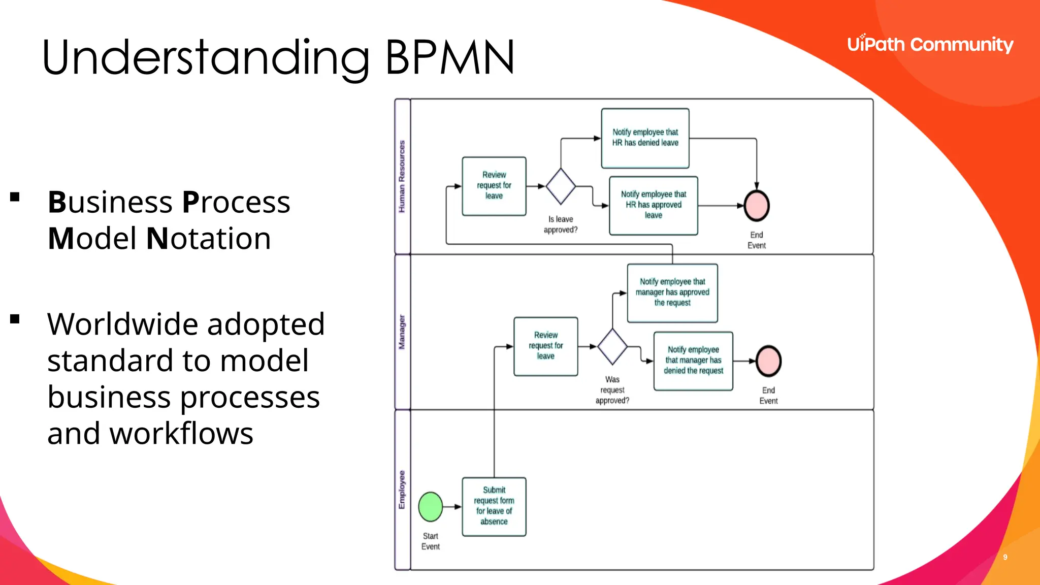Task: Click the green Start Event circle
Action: point(431,507)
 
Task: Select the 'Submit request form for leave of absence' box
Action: point(494,507)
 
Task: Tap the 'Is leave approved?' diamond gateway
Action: point(561,186)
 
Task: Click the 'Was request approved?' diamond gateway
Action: point(612,346)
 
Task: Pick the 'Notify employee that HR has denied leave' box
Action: point(645,138)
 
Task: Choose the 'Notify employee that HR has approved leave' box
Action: point(654,206)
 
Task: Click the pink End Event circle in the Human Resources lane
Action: point(757,206)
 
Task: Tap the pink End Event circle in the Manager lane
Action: point(768,361)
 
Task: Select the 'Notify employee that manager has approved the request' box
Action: point(672,293)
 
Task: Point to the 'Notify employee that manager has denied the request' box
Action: point(693,361)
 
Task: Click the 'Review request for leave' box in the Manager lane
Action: point(546,346)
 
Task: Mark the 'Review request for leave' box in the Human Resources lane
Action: point(494,186)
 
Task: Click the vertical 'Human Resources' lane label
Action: point(402,176)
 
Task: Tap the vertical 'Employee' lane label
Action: point(402,490)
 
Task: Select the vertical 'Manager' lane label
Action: point(402,332)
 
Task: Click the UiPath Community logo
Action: point(930,45)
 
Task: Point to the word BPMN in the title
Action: point(450,57)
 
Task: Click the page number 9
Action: point(1005,557)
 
